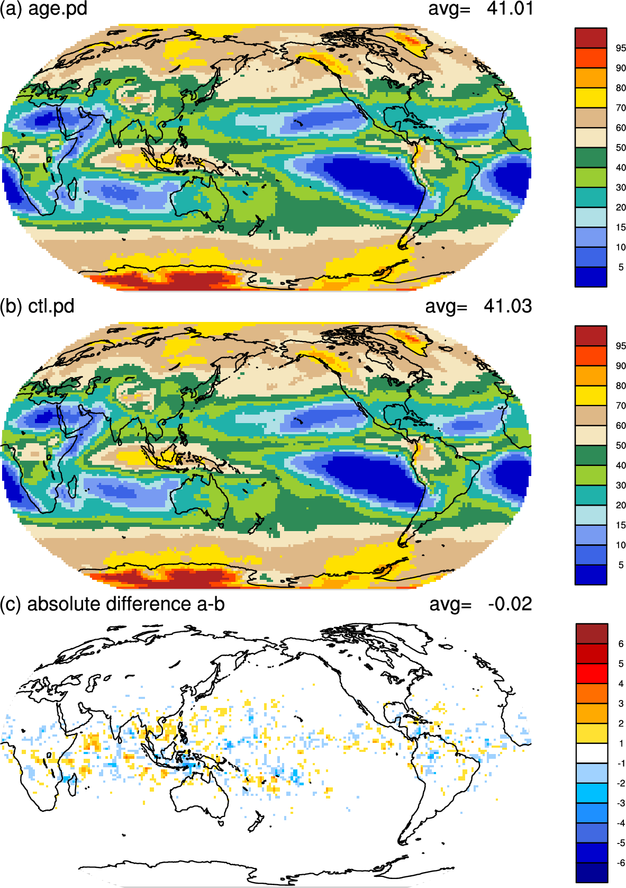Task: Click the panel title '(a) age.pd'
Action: [43, 8]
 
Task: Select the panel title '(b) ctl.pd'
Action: [37, 307]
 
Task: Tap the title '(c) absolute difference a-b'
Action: [112, 604]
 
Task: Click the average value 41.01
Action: [510, 8]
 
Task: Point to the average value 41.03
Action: [507, 307]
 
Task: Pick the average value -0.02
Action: [510, 604]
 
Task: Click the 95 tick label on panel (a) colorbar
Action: [621, 48]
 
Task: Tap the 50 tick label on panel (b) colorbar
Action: [621, 445]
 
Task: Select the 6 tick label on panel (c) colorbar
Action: [621, 644]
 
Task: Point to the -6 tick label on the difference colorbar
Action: [620, 863]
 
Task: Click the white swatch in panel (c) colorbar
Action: [592, 753]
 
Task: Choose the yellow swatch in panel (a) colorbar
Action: [591, 98]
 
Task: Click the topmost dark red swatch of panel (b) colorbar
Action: [591, 336]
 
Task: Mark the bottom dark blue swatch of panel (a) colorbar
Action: [591, 277]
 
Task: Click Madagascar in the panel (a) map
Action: [72, 189]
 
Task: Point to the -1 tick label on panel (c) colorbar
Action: [620, 763]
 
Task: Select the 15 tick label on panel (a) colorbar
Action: [621, 228]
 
